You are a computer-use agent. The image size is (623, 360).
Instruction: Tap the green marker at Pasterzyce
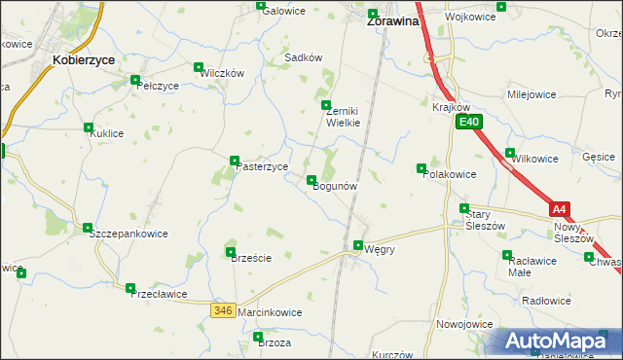(235, 161)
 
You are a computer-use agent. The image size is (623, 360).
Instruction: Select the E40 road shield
(469, 122)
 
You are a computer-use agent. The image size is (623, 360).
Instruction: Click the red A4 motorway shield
(558, 208)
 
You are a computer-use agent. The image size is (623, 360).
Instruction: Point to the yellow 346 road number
(223, 309)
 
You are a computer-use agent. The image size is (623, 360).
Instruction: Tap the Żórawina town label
(392, 19)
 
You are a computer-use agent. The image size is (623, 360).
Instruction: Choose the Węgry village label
(379, 249)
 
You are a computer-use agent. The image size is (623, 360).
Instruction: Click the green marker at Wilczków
(200, 68)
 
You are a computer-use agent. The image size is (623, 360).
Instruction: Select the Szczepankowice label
(128, 234)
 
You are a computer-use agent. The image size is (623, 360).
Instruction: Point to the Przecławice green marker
(130, 287)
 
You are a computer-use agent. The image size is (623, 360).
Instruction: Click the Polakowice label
(449, 174)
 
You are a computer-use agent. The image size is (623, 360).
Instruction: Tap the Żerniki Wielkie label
(343, 117)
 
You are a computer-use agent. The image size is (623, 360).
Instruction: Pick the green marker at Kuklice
(89, 127)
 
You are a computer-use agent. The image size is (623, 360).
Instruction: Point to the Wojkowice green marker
(500, 7)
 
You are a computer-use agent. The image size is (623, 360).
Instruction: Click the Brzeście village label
(248, 258)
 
